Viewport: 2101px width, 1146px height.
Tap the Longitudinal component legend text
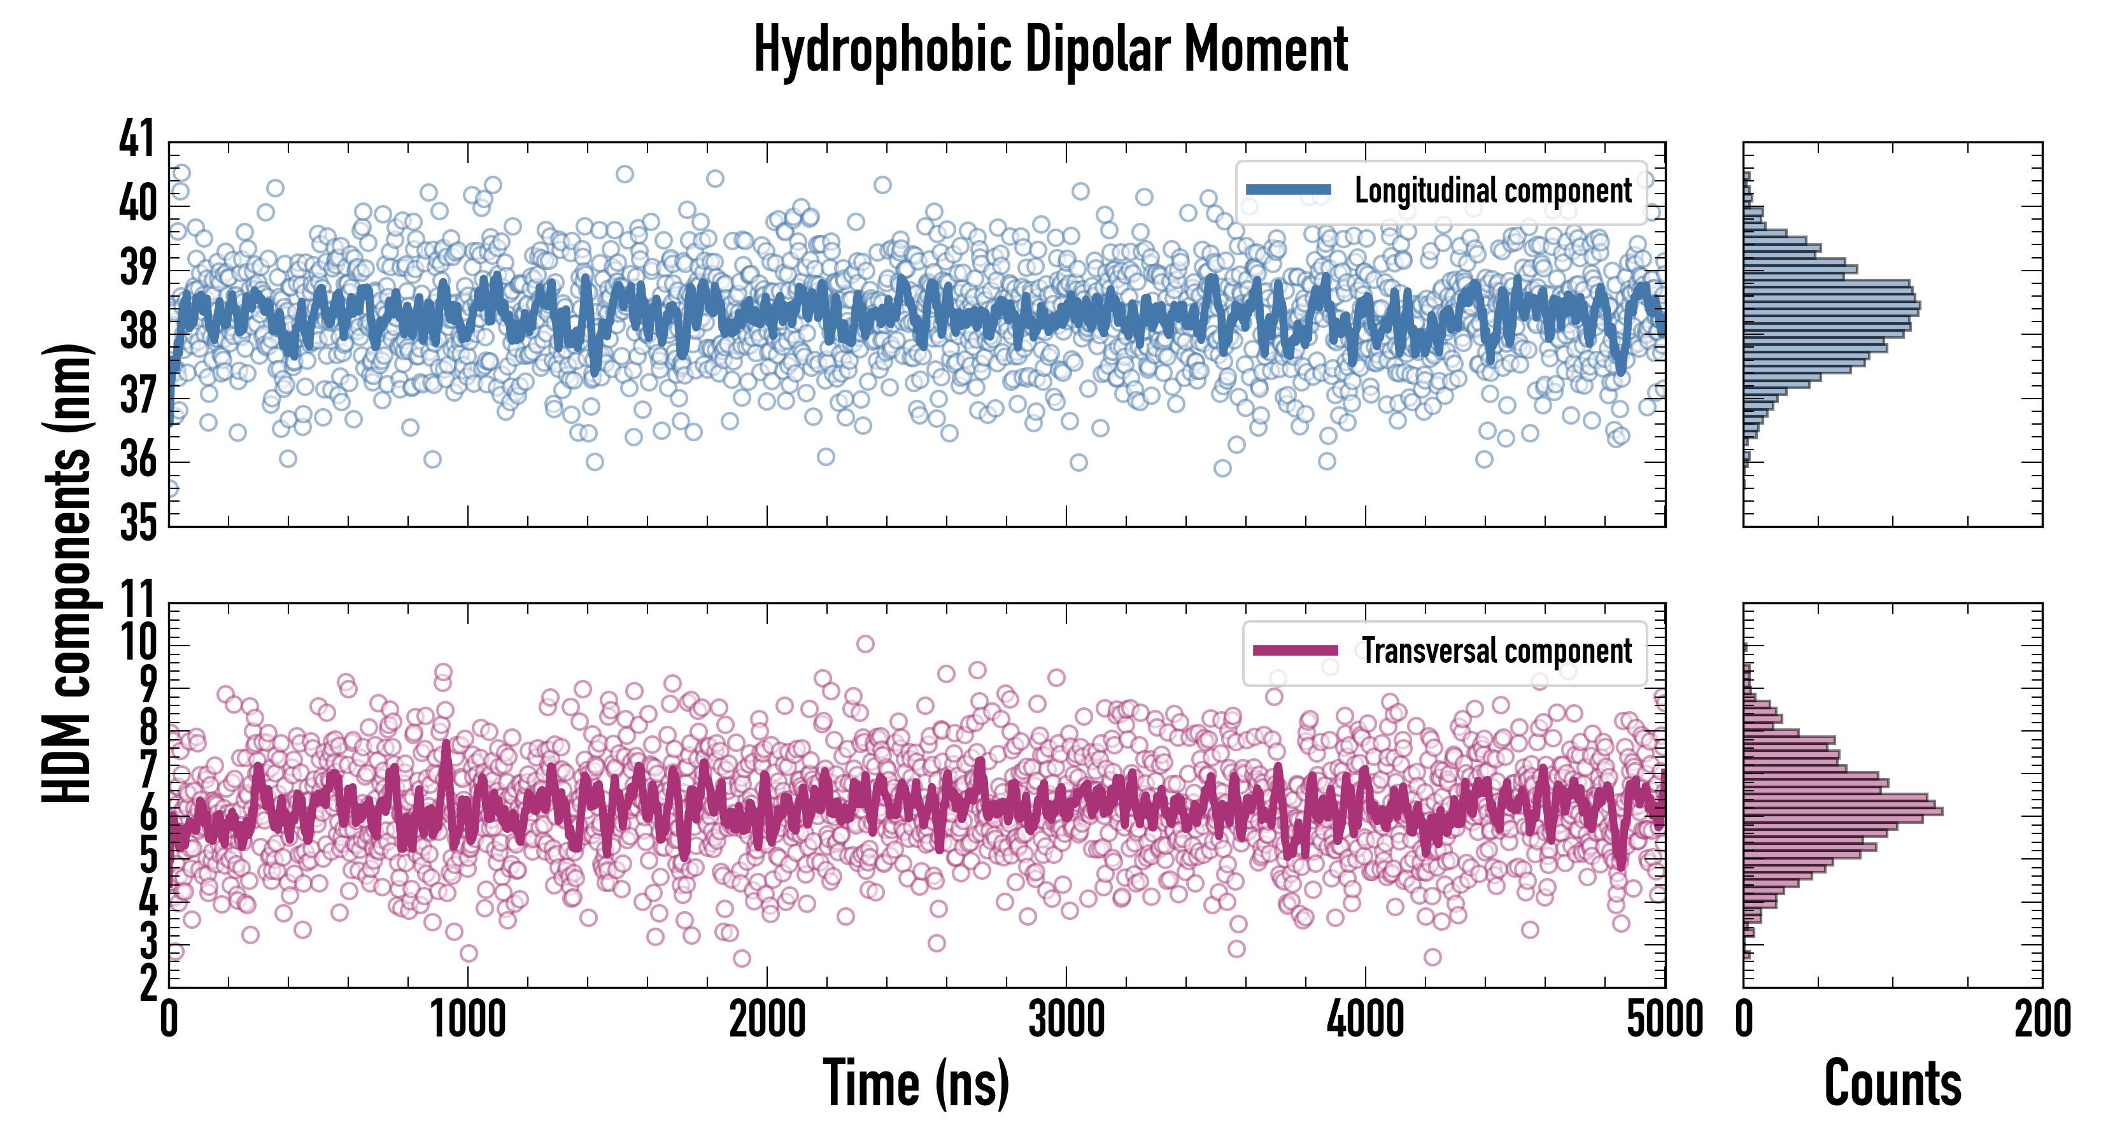1492,191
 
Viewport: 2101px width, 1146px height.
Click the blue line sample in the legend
1289,190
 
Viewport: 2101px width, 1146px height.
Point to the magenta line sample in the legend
1295,651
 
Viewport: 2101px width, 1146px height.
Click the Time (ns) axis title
916,1083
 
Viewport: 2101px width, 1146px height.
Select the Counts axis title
1892,1083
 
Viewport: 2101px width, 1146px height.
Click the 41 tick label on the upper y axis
136,139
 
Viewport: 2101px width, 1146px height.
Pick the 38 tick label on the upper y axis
136,331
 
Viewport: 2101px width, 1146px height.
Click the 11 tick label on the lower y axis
136,601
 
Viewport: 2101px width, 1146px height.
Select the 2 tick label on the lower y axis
148,984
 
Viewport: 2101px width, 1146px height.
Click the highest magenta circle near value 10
865,644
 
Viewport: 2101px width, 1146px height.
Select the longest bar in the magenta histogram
1843,810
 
